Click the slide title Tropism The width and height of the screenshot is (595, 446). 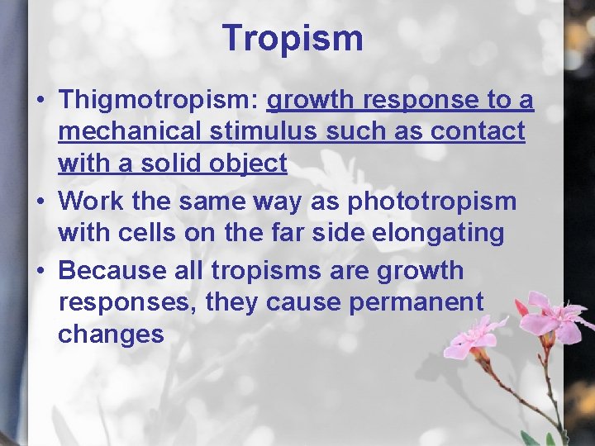293,38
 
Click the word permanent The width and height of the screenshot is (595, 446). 416,302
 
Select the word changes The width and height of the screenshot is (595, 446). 112,334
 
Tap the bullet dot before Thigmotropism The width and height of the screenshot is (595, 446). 40,102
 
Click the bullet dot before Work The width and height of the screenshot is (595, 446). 40,202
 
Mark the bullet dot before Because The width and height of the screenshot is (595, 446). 40,272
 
